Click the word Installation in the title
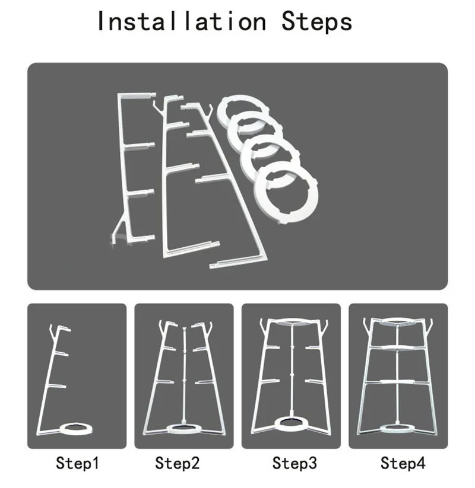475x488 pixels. point(182,21)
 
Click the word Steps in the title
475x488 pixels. point(316,21)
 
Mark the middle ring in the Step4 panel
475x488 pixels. point(398,348)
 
